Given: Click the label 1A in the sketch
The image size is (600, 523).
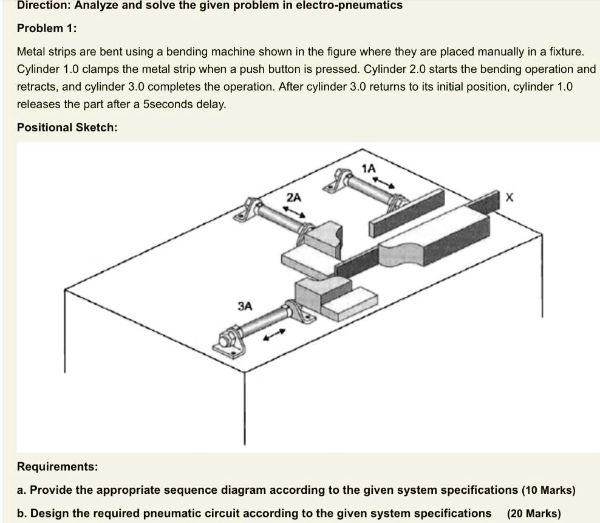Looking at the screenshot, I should pyautogui.click(x=369, y=168).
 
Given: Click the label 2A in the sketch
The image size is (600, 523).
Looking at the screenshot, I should pyautogui.click(x=293, y=197).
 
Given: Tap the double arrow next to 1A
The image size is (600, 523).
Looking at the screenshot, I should pyautogui.click(x=384, y=182).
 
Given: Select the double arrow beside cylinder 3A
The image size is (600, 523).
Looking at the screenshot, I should pyautogui.click(x=274, y=335).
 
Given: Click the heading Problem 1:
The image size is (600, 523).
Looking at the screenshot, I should pyautogui.click(x=47, y=28).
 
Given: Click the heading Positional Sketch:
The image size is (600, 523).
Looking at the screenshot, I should pyautogui.click(x=67, y=127).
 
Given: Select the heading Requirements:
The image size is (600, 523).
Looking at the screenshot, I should pyautogui.click(x=56, y=466).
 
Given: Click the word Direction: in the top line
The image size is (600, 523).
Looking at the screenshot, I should pyautogui.click(x=42, y=5).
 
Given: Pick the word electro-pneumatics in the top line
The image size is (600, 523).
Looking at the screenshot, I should pyautogui.click(x=349, y=5).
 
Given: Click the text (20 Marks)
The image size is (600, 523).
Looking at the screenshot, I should pyautogui.click(x=534, y=513).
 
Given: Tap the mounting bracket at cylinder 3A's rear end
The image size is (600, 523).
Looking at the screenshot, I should pyautogui.click(x=230, y=342).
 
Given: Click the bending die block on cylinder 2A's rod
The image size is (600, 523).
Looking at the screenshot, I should pyautogui.click(x=324, y=238).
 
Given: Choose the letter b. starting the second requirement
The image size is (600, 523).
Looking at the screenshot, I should pyautogui.click(x=22, y=513).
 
